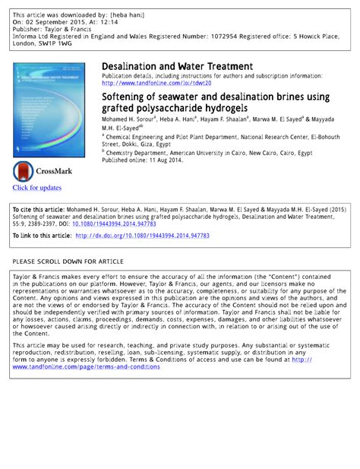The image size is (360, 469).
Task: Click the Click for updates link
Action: [x=36, y=188]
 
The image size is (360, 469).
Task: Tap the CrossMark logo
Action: [x=36, y=171]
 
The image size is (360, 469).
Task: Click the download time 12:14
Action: [x=118, y=22]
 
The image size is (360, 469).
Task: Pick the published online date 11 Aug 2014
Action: [x=165, y=160]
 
